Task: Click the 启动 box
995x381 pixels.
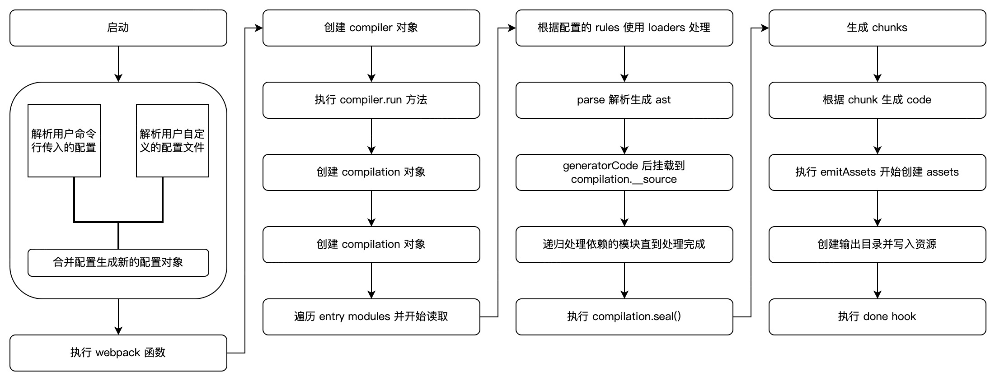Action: click(x=118, y=28)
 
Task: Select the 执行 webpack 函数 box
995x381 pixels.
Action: click(x=118, y=353)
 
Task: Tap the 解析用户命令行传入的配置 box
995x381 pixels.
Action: click(x=64, y=141)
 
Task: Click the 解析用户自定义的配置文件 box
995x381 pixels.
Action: click(x=172, y=141)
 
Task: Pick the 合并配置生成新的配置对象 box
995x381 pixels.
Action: click(x=118, y=263)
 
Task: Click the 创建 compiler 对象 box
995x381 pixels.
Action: click(x=371, y=28)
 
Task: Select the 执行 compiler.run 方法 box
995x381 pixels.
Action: click(x=371, y=100)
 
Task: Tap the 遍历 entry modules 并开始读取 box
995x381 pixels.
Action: click(x=371, y=317)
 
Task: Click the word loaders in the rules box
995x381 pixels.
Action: click(x=666, y=28)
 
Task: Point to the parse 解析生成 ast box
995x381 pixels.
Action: click(x=624, y=100)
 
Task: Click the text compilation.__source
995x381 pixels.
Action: click(x=624, y=180)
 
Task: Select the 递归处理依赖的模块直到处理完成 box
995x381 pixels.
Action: click(x=624, y=245)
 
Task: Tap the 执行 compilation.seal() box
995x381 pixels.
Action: click(x=624, y=317)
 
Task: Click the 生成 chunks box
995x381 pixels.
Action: click(x=877, y=28)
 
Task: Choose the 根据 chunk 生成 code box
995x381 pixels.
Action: click(x=877, y=100)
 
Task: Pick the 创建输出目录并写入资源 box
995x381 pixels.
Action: click(x=877, y=245)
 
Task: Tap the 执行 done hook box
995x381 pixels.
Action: click(x=877, y=317)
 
